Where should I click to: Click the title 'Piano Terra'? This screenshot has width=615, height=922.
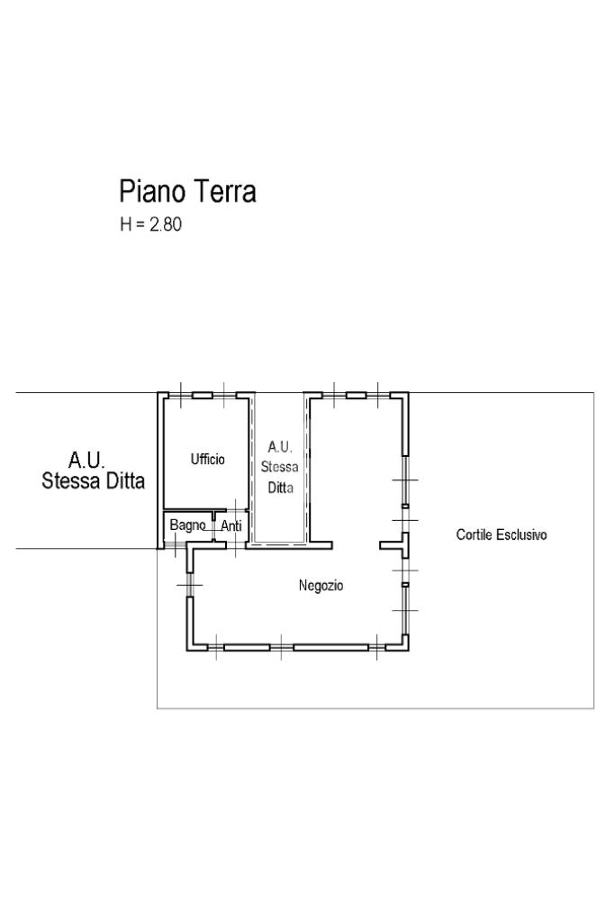pos(187,191)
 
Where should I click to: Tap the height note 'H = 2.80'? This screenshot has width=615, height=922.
pos(150,224)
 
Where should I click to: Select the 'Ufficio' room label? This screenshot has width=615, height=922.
pos(207,460)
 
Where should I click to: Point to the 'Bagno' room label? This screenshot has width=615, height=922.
pos(187,525)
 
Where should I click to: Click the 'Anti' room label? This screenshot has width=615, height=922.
pos(231,525)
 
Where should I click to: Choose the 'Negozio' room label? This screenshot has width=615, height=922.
pos(321,586)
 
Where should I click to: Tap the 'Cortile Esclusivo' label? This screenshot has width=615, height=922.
pos(502,534)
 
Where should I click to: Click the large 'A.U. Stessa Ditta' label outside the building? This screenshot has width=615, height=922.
pos(93,470)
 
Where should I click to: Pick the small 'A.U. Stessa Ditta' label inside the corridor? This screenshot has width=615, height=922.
pos(279,467)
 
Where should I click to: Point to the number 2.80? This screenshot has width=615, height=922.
pos(166,224)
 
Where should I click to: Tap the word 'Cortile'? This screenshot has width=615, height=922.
pos(475,534)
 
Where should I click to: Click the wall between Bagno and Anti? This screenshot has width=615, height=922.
pos(214,526)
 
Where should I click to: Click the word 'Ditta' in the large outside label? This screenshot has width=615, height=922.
pos(122,480)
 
